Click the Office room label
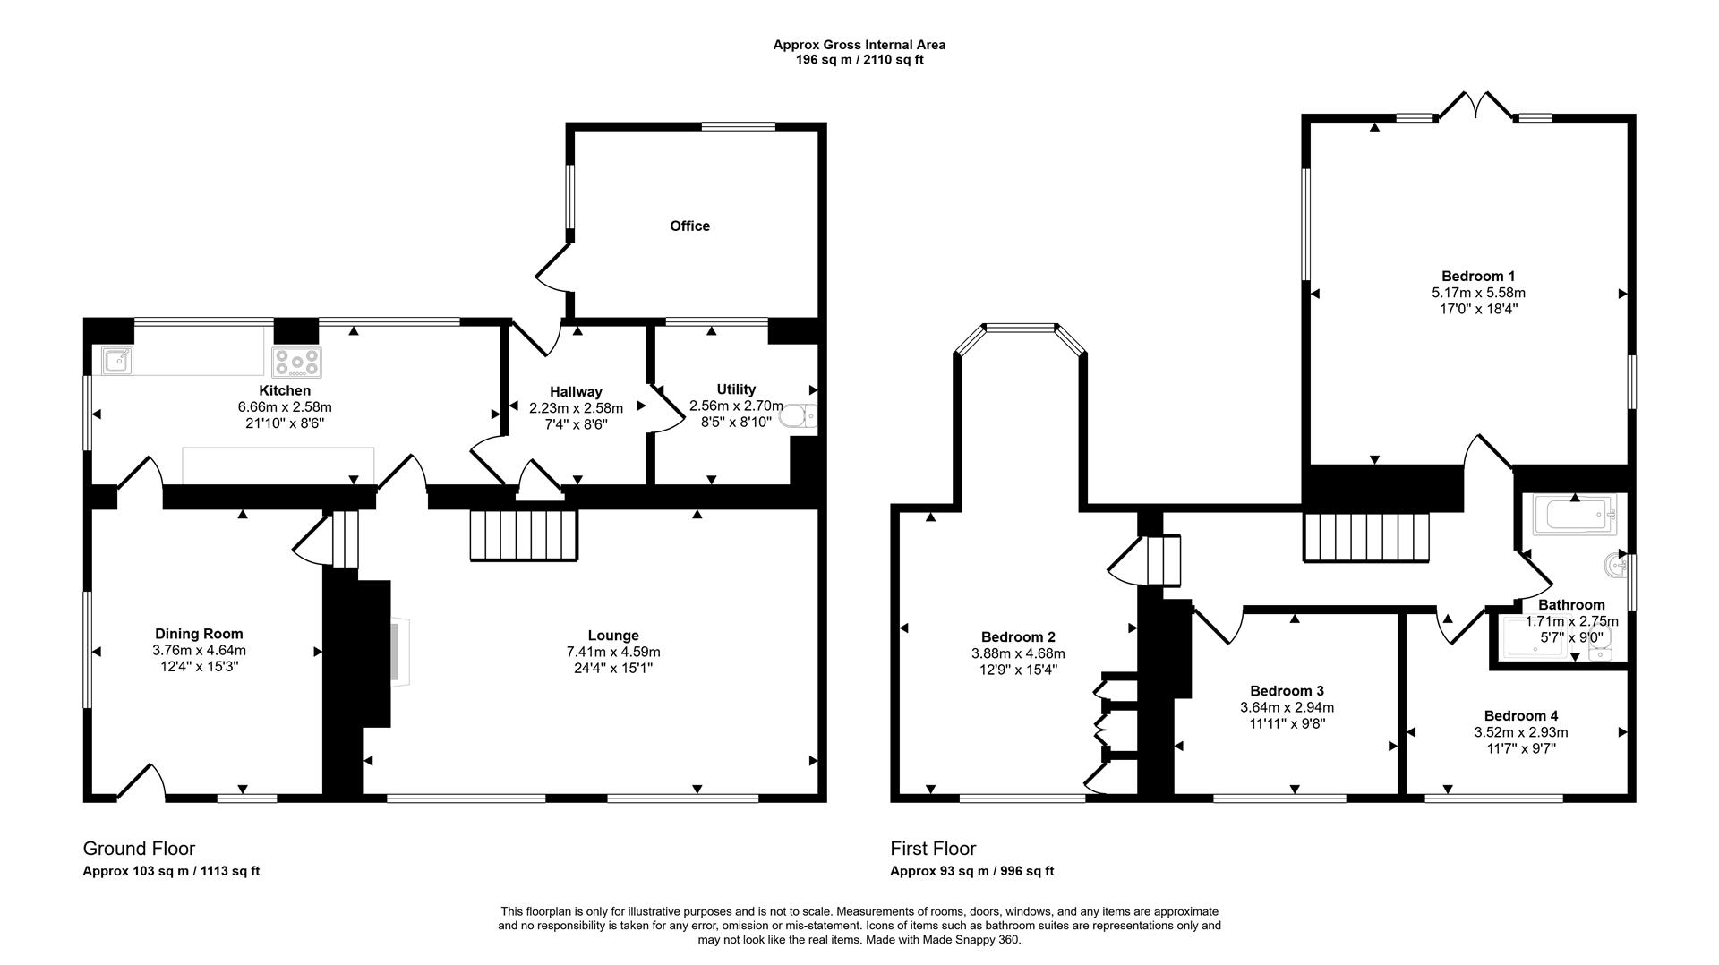coord(689,226)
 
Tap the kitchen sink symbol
coord(116,361)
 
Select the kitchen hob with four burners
coord(296,362)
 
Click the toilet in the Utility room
coord(798,417)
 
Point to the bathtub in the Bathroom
coord(1573,516)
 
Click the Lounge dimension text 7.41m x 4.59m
coord(613,652)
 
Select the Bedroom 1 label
coord(1477,276)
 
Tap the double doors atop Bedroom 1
coord(1477,106)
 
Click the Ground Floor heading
coord(139,848)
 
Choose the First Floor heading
coord(933,848)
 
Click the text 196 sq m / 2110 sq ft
coord(859,60)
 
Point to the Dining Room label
coord(199,634)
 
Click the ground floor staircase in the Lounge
coord(524,535)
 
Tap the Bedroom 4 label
coord(1520,715)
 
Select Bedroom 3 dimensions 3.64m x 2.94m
coord(1287,707)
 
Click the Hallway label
coord(576,391)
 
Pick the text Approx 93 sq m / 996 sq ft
coord(971,871)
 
